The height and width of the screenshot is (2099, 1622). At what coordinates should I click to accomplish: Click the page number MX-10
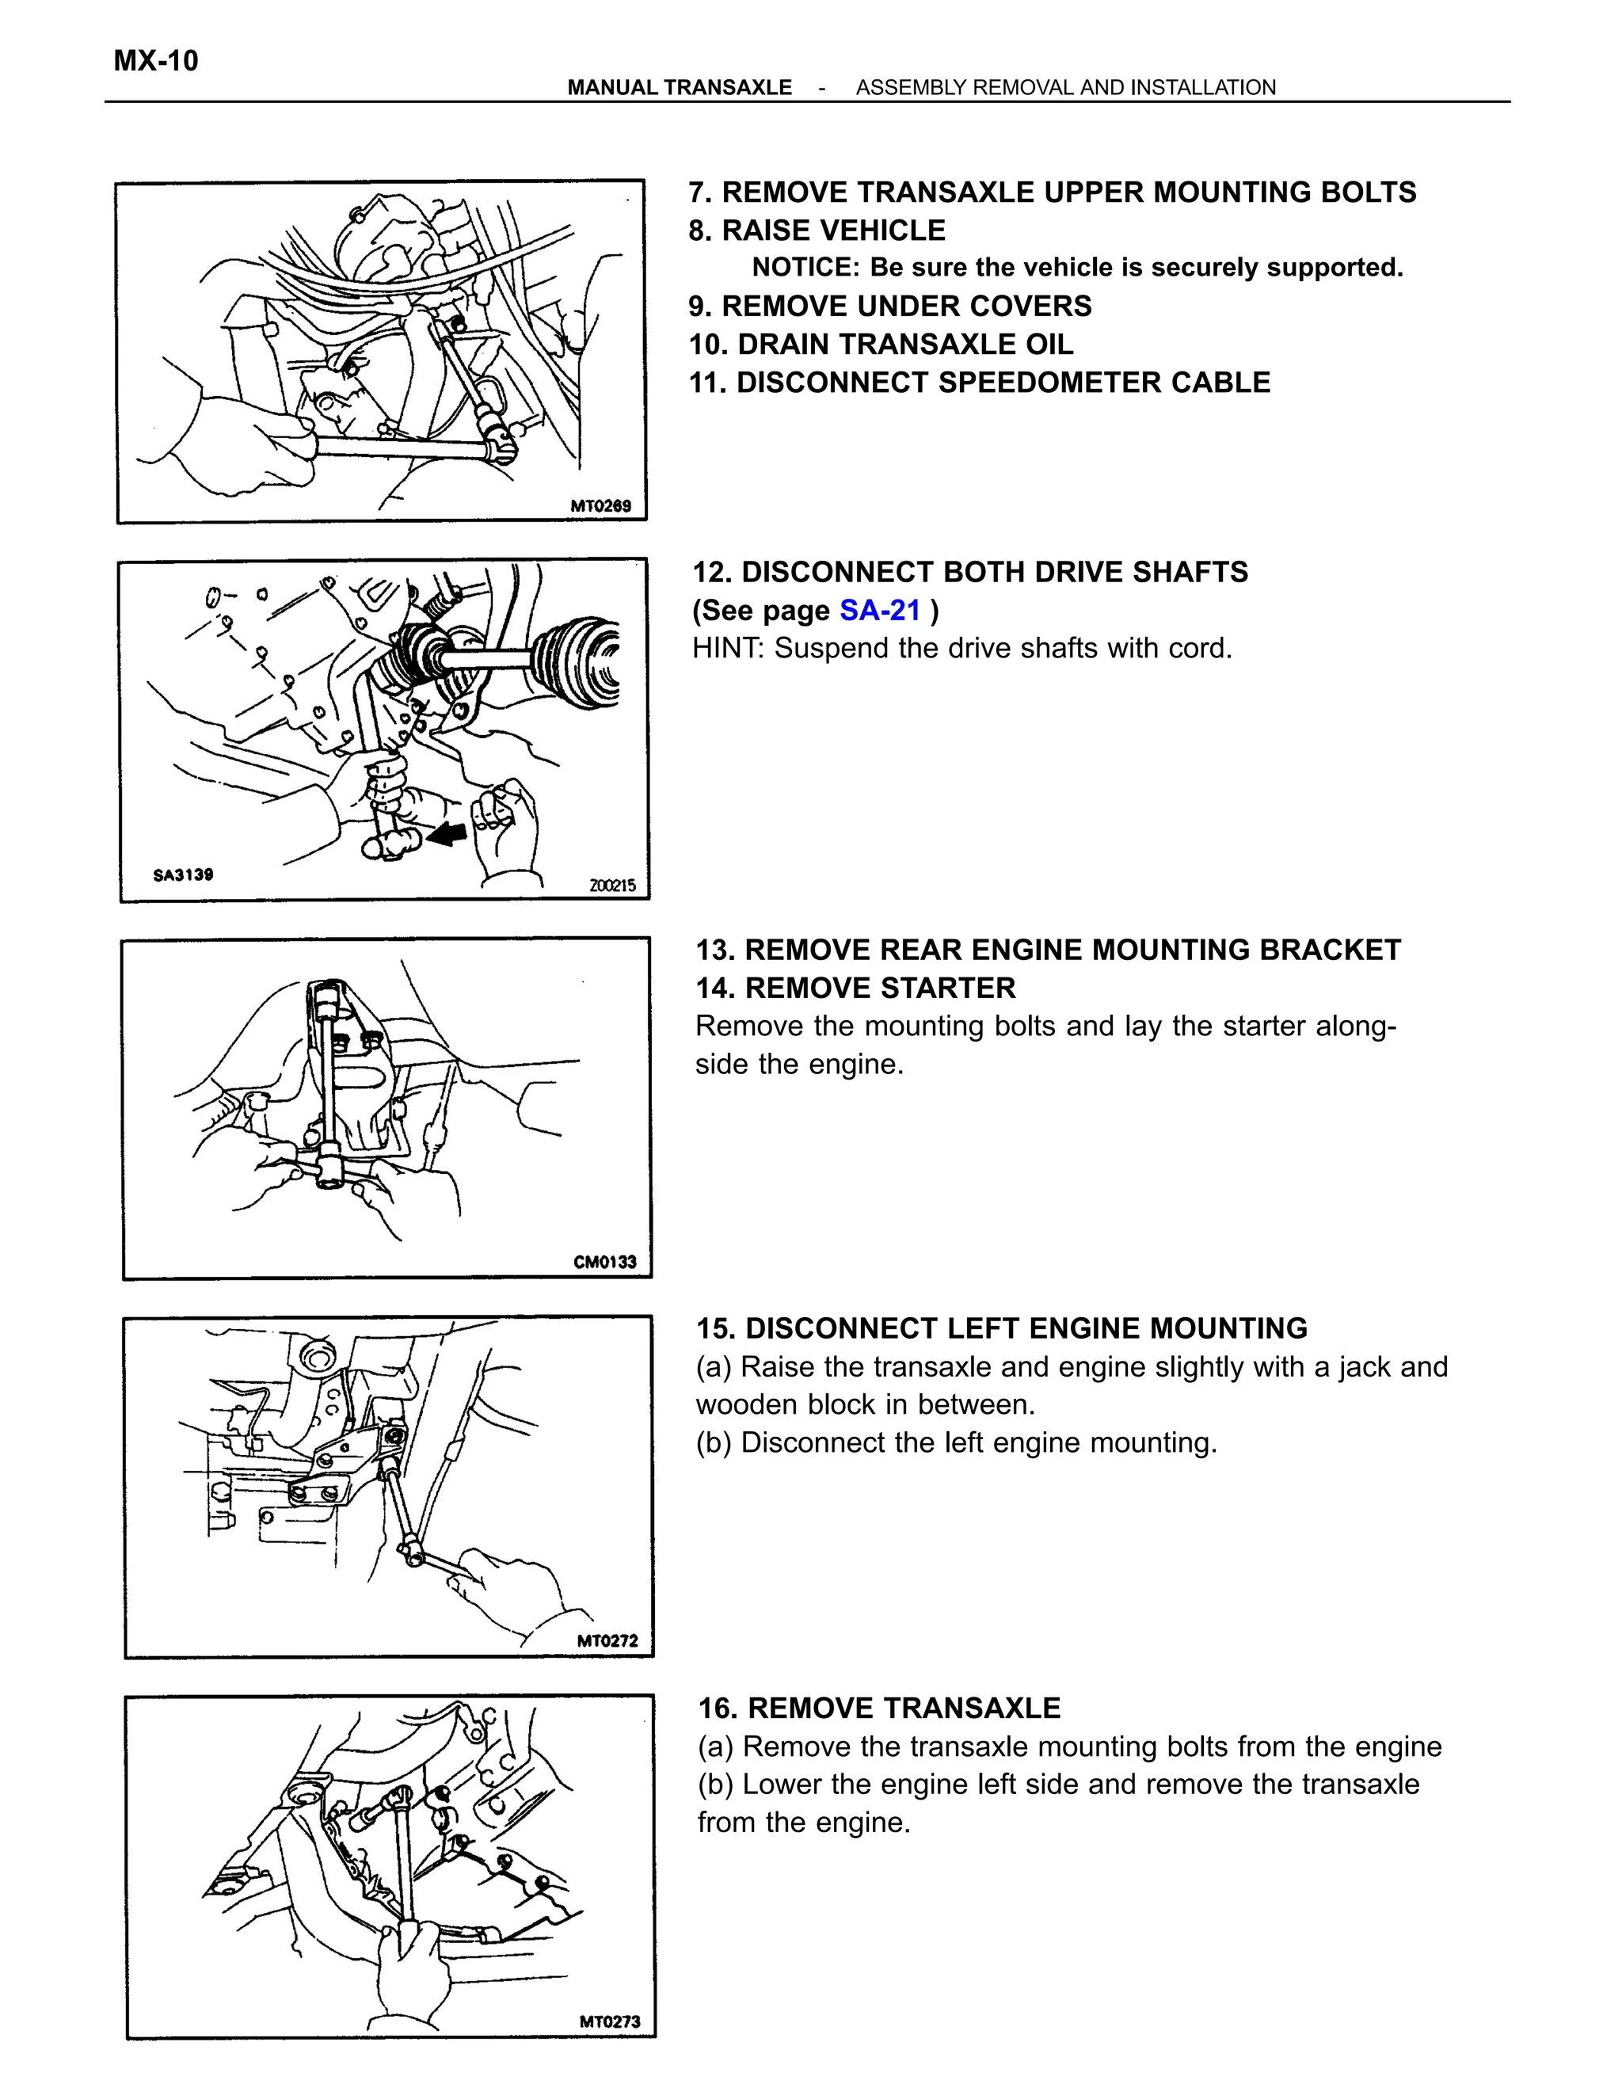coord(156,62)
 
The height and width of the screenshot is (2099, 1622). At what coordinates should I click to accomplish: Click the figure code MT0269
coord(600,505)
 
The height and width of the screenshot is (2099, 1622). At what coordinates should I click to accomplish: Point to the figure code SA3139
coord(183,874)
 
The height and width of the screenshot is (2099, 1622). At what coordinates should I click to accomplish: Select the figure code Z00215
coord(612,886)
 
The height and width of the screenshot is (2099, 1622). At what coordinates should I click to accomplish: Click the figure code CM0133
coord(604,1262)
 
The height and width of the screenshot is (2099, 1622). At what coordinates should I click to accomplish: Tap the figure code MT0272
coord(607,1640)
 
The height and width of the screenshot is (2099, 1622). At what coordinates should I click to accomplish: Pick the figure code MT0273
coord(609,2021)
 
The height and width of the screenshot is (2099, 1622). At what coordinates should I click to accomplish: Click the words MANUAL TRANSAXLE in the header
coord(680,87)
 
